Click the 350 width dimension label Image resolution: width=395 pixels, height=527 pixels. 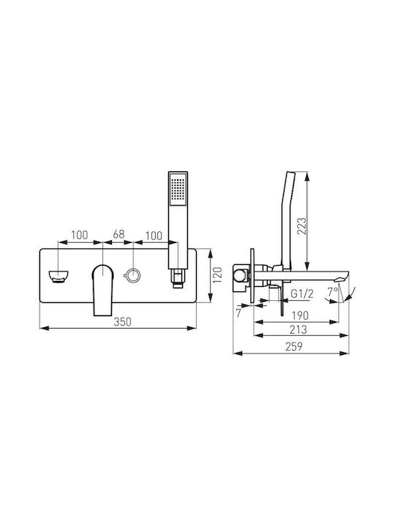point(122,321)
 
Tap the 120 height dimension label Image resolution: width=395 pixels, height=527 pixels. point(218,275)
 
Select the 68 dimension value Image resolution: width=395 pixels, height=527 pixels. point(118,234)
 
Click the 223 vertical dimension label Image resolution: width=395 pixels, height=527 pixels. point(301,226)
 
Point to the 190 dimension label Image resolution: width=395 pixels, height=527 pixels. point(300,315)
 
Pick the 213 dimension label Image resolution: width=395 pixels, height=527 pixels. point(298,329)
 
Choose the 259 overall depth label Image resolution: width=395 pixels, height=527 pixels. point(294,346)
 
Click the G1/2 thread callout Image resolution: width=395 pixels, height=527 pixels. point(301,294)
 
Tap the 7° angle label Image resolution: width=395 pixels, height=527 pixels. point(333,292)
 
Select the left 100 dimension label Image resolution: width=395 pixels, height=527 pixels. point(79,235)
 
